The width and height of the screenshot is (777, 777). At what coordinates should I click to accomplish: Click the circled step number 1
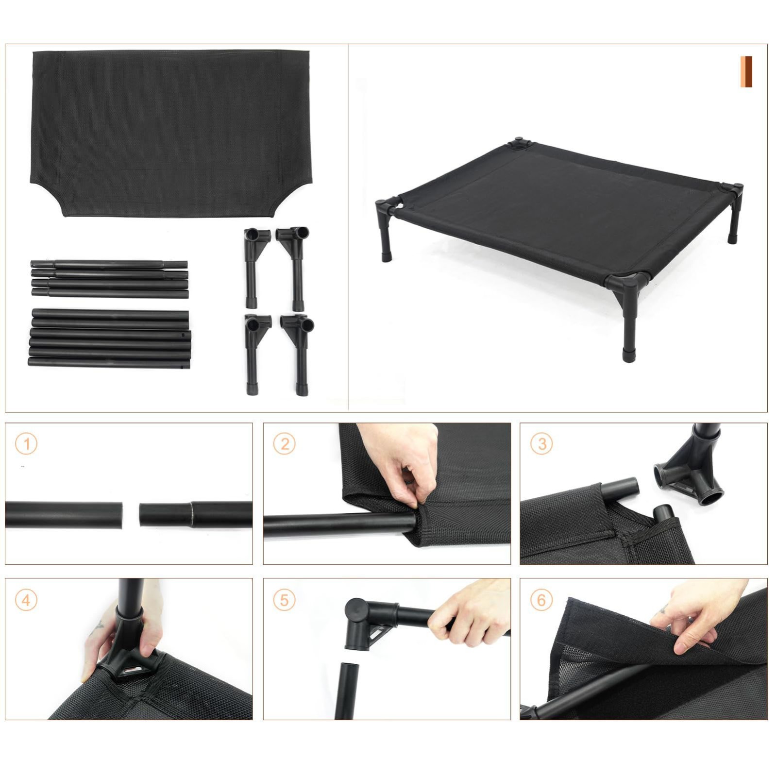coord(26,444)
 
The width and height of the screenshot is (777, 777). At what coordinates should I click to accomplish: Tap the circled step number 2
coord(284,444)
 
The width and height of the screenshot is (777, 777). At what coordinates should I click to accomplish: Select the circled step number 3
coord(541,444)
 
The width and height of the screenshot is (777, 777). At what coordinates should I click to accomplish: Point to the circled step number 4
coord(26,600)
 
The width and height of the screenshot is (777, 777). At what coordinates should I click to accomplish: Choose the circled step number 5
coord(284,600)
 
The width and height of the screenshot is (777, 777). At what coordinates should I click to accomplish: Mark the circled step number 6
coord(541,600)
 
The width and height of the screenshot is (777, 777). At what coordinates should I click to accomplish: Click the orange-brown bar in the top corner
coord(746,72)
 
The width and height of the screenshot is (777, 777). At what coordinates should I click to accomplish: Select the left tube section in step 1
coord(64,515)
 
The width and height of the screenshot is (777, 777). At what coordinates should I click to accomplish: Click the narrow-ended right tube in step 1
coord(196,514)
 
